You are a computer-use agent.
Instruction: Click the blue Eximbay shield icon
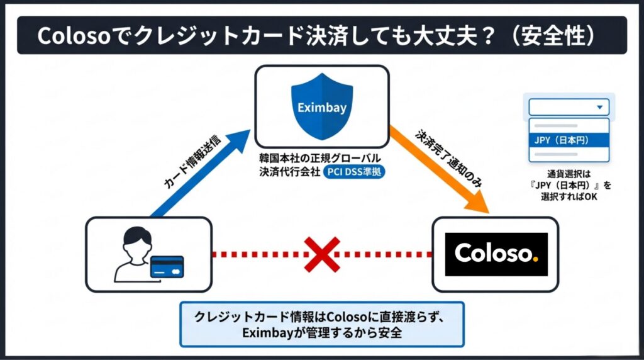pyautogui.click(x=321, y=106)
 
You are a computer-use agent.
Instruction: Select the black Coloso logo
pyautogui.click(x=496, y=254)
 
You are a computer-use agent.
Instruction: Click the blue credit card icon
pyautogui.click(x=167, y=267)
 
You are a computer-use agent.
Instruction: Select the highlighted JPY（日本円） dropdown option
pyautogui.click(x=569, y=140)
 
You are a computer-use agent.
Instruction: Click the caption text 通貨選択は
pyautogui.click(x=569, y=174)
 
